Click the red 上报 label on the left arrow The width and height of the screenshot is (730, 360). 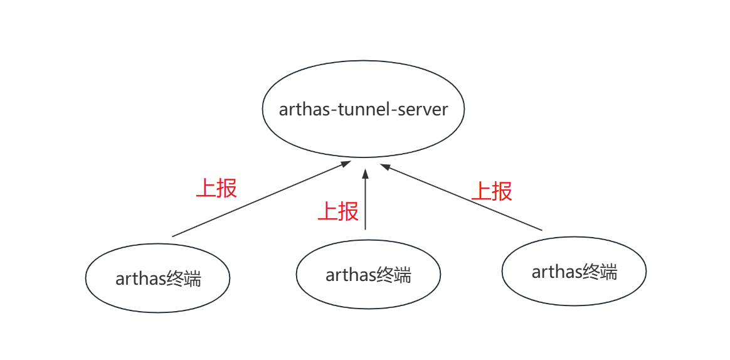point(216,188)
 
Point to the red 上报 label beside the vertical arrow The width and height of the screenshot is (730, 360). point(338,211)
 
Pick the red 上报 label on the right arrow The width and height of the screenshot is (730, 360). point(492,191)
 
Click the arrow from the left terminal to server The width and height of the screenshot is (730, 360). point(260,199)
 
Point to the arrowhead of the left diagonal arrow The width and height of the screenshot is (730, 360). point(346,164)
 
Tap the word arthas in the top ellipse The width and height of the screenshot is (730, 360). point(306,109)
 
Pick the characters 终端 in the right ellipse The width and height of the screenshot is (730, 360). point(600,272)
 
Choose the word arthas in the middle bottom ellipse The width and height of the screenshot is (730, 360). point(347,274)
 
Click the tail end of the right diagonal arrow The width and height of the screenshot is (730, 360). point(541,230)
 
